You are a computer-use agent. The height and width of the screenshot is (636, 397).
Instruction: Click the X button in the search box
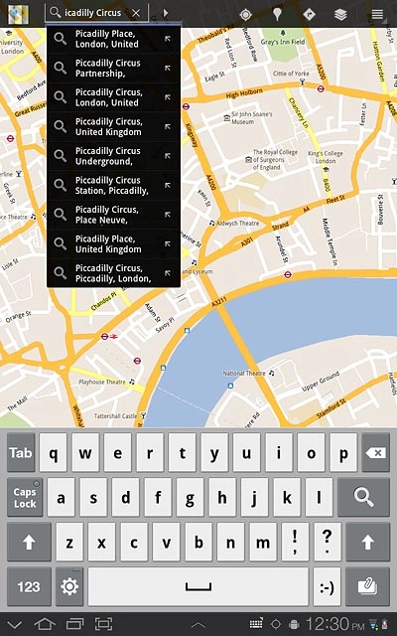[136, 13]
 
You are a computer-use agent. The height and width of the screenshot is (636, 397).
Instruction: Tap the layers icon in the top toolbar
[340, 14]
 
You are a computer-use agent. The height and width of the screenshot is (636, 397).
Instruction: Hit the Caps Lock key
[25, 497]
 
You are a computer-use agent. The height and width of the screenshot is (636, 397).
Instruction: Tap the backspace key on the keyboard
[375, 452]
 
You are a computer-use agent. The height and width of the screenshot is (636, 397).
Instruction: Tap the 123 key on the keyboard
[29, 586]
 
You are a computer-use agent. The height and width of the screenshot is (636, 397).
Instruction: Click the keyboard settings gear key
[69, 586]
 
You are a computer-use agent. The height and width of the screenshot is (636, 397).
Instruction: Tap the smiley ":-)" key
[326, 586]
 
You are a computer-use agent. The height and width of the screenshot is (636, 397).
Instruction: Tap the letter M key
[262, 543]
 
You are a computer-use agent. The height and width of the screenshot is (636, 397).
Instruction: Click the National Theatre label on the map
[246, 374]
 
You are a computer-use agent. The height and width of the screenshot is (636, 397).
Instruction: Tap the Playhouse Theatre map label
[102, 382]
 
